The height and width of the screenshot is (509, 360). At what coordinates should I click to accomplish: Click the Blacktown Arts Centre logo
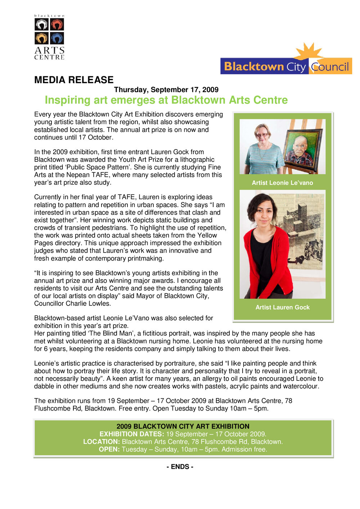pos(49,37)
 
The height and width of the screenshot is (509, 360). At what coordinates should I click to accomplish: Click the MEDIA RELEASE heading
pos(74,80)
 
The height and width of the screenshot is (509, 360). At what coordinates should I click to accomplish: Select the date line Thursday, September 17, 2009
pos(166,90)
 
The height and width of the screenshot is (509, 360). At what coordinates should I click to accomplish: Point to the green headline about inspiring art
pos(166,100)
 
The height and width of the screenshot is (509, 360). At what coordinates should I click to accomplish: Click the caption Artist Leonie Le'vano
pos(282,183)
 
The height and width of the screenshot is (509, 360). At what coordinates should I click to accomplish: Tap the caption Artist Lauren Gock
pos(282,307)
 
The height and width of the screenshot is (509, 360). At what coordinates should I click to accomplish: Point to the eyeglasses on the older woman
pos(262,135)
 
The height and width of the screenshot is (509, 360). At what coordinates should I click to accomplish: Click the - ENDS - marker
pos(180,466)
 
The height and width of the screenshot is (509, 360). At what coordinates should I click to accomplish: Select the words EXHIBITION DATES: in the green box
pos(132,434)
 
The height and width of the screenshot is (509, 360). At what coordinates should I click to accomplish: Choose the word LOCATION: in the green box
pos(102,442)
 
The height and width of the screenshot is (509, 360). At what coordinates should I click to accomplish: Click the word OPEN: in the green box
pos(109,449)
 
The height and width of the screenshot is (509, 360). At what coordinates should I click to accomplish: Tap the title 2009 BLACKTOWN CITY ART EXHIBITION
pos(183,426)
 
